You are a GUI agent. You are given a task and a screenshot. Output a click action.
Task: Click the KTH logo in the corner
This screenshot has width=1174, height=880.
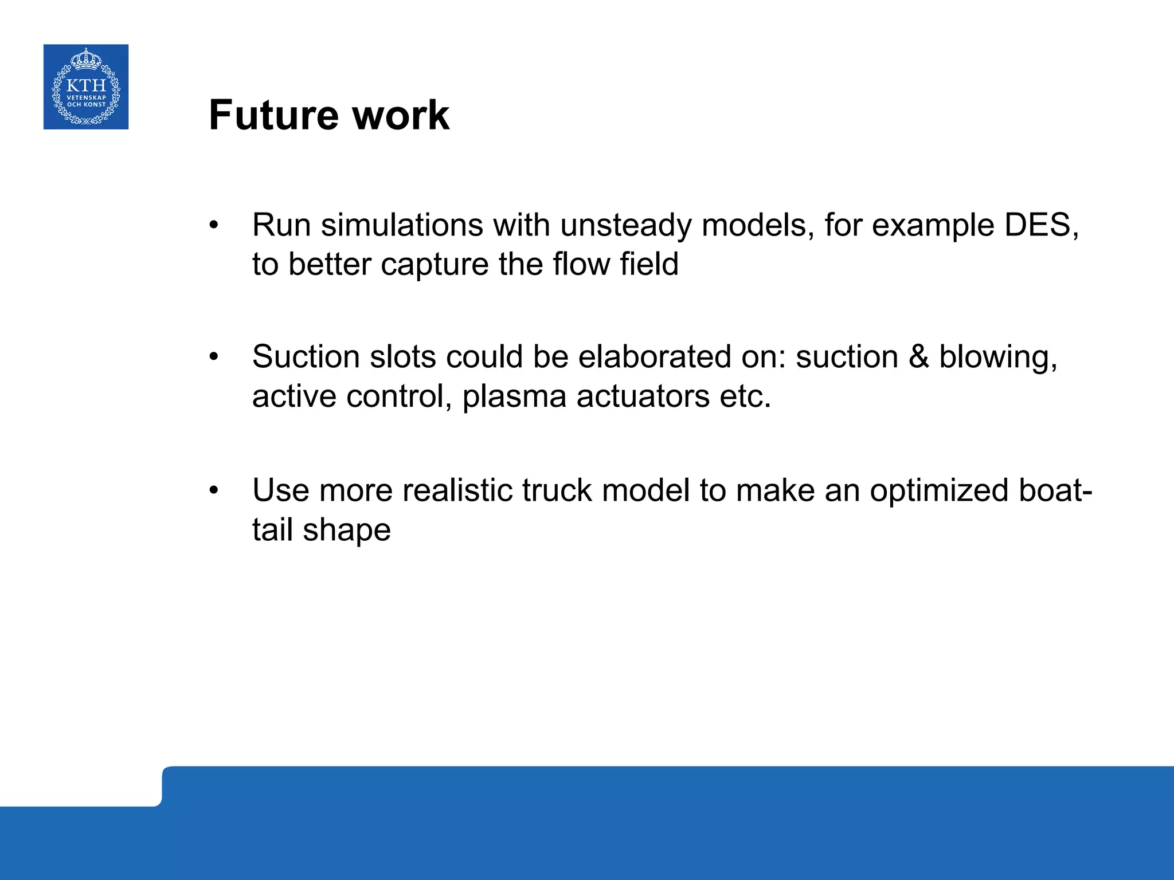pyautogui.click(x=86, y=87)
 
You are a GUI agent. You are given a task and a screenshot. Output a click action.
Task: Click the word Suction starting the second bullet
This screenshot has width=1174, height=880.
pyautogui.click(x=306, y=356)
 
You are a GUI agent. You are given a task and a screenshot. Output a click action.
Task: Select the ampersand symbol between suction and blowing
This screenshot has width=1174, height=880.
pyautogui.click(x=918, y=356)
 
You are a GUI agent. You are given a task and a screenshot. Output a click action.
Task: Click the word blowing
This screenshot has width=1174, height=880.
pyautogui.click(x=997, y=357)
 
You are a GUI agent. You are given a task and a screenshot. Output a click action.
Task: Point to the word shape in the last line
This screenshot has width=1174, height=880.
pyautogui.click(x=346, y=531)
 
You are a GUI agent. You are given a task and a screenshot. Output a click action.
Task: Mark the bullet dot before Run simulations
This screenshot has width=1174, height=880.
pyautogui.click(x=214, y=225)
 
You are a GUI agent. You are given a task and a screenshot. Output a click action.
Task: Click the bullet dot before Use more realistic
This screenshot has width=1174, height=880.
pyautogui.click(x=214, y=490)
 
